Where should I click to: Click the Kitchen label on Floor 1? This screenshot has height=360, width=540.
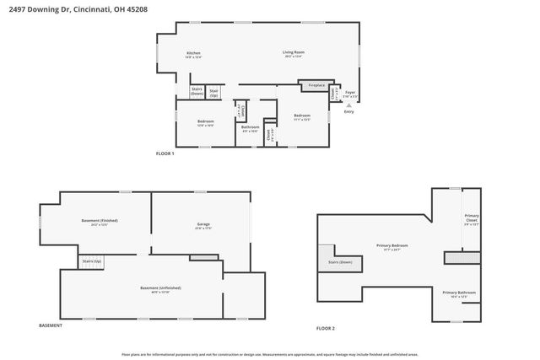[x=194, y=56]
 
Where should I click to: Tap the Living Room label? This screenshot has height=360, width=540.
[x=293, y=54]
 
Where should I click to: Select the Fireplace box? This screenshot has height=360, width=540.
[x=316, y=85]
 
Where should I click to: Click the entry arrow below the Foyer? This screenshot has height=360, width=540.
[x=348, y=105]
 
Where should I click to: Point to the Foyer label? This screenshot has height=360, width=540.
[x=350, y=94]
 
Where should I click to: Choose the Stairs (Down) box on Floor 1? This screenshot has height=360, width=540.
[x=197, y=91]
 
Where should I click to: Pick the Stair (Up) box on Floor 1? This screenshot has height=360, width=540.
[x=214, y=91]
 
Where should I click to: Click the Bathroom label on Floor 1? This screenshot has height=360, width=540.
[x=250, y=129]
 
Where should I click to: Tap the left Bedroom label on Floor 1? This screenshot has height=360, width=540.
[x=205, y=123]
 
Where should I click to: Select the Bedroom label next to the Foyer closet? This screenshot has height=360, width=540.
[x=302, y=117]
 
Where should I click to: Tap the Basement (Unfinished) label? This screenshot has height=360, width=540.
[x=160, y=289]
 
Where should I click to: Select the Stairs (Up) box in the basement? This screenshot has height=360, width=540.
[x=91, y=262]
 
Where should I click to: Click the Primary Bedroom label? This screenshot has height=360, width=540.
[x=392, y=248]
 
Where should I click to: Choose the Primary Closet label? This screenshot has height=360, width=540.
[x=472, y=220]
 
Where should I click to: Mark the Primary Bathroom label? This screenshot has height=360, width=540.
[x=460, y=294]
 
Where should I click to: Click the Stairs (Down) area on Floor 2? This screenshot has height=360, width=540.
[x=340, y=262]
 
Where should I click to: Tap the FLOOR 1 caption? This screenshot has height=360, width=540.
[x=165, y=153]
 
